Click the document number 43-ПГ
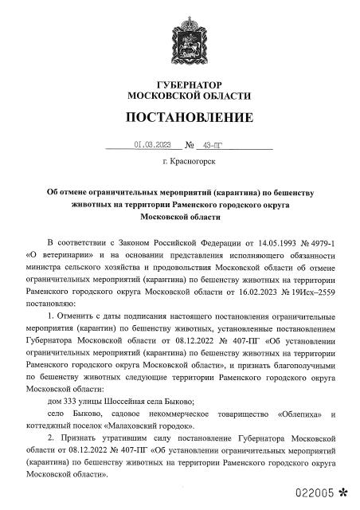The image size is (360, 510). (213, 146)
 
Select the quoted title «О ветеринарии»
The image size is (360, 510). (61, 255)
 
